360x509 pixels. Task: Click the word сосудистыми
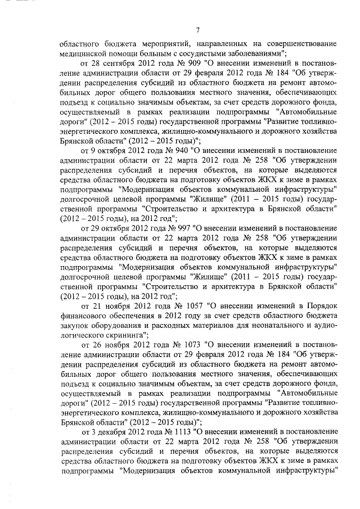(x=197, y=52)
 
